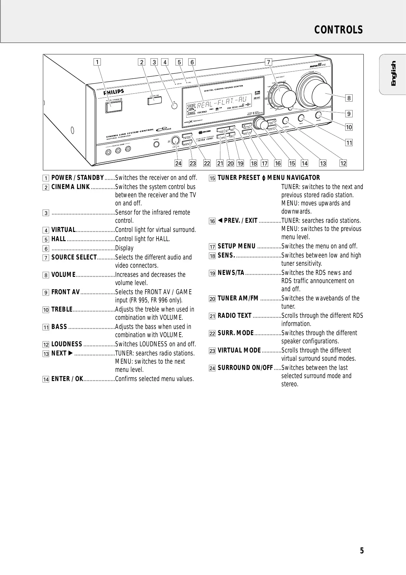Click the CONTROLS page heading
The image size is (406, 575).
coord(339,30)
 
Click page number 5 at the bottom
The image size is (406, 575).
coord(362,550)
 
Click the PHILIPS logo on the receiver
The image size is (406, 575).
coord(114,92)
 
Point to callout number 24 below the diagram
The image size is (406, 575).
coord(178,163)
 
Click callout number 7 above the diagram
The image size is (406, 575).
coord(268,62)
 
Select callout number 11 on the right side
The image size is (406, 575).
coord(349,143)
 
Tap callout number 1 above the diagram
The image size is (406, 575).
coord(97,62)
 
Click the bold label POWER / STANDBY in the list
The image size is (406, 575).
coord(78,178)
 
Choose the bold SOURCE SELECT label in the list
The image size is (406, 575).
coord(74,257)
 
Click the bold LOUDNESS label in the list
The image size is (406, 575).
coord(67,344)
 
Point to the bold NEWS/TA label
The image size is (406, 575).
coord(231,273)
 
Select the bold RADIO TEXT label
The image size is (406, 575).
coord(234,316)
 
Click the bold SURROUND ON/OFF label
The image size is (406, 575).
coord(245,368)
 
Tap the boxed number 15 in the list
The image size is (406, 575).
coord(212,178)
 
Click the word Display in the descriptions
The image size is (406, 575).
coord(124,248)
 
